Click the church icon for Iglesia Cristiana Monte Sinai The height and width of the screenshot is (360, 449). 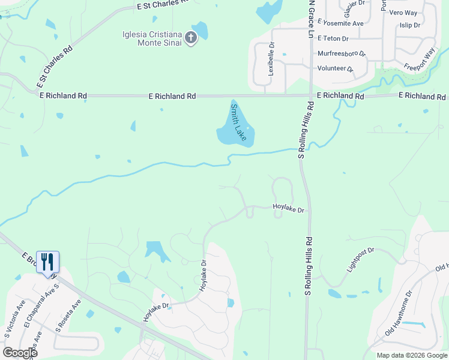[x=190, y=39]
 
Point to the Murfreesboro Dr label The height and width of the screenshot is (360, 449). [x=341, y=53]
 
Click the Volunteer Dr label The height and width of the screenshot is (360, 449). [x=336, y=68]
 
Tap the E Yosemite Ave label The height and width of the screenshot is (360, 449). [x=340, y=23]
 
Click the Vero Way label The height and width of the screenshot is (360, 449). [x=403, y=13]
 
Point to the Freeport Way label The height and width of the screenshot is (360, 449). [x=419, y=59]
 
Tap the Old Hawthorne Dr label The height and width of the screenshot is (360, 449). [x=398, y=313]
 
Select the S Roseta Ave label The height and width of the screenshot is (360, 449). [x=67, y=316]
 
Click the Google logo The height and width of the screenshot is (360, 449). [x=20, y=352]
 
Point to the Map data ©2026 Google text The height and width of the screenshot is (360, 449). [x=412, y=355]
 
